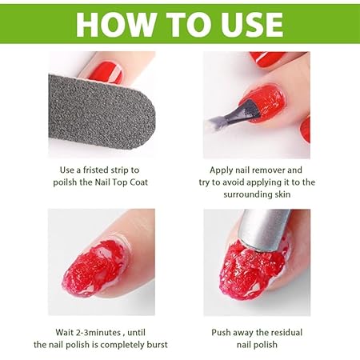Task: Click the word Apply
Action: [223, 170]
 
